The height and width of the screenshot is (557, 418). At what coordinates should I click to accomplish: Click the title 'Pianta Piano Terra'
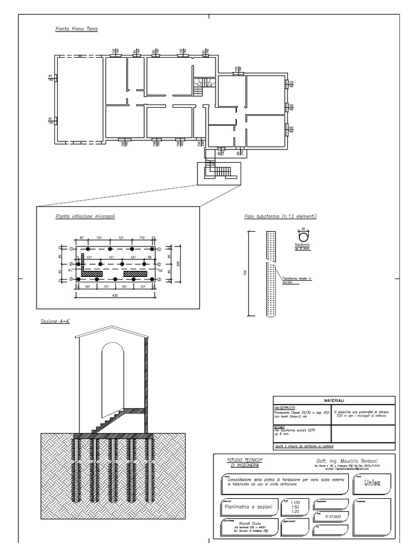(76, 29)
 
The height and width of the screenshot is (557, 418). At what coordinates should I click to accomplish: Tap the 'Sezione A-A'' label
(57, 322)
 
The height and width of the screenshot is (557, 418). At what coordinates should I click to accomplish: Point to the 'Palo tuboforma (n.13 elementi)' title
(280, 216)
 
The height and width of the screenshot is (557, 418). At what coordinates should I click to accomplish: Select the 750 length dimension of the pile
(247, 273)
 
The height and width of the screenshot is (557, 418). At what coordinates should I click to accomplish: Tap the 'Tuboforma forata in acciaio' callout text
(292, 282)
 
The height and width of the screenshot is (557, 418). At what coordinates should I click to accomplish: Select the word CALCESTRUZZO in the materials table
(286, 407)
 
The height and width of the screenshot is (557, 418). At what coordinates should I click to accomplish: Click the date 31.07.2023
(332, 517)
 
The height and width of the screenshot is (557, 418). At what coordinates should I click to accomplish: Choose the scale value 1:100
(296, 503)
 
